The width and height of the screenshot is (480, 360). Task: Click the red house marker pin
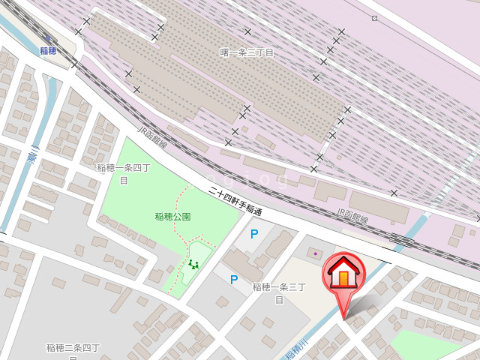coord(343,275)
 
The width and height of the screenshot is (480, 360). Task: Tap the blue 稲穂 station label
coord(49,51)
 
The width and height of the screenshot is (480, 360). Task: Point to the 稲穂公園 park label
coord(172,217)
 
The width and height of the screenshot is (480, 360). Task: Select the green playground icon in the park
coord(193,263)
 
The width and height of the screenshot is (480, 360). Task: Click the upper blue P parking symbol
coord(254,234)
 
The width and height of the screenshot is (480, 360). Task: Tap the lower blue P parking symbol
coord(234,280)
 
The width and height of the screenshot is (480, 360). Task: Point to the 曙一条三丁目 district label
coord(247,52)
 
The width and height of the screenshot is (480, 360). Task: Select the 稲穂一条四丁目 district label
coord(124,173)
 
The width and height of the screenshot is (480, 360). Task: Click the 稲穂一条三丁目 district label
coord(279,292)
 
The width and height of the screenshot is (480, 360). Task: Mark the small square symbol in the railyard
coord(374,18)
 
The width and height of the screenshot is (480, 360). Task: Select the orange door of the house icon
coord(343,278)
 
